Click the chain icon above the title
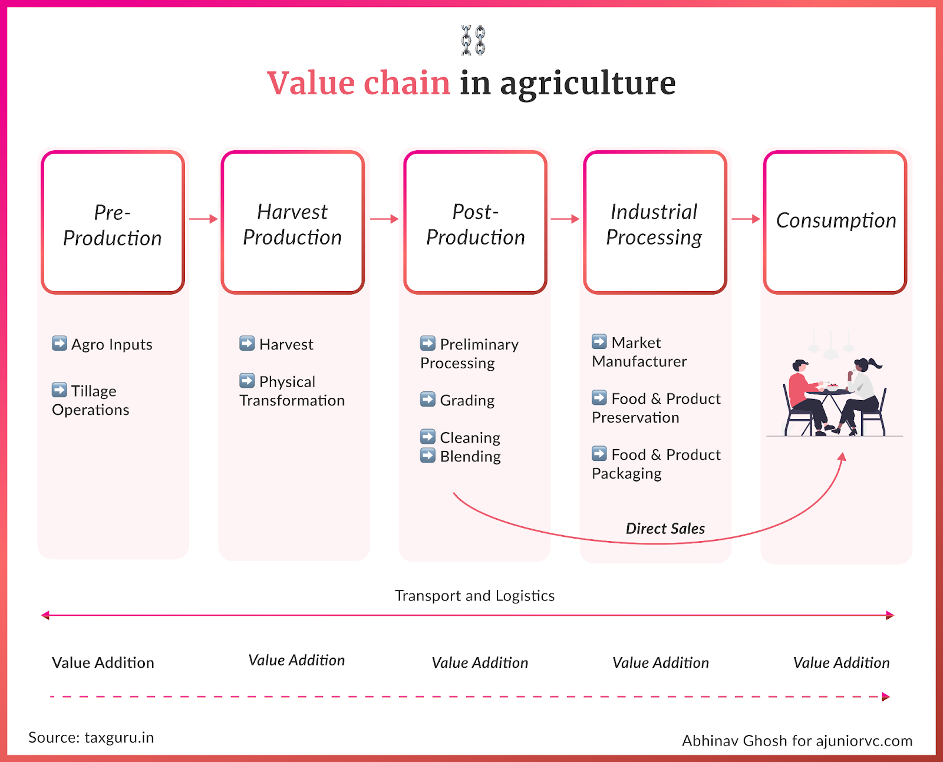(x=473, y=40)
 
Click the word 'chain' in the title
(x=407, y=83)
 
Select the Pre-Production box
(x=113, y=222)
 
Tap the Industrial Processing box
(x=655, y=222)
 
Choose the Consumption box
(x=835, y=222)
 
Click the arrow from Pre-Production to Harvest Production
(x=203, y=219)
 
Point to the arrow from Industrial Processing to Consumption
(x=746, y=219)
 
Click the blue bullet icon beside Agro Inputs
(x=60, y=343)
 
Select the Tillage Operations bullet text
(x=91, y=400)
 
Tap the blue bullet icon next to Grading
(x=428, y=399)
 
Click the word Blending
(x=470, y=456)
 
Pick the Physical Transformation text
(x=292, y=391)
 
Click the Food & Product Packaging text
(x=657, y=464)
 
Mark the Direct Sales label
(x=665, y=528)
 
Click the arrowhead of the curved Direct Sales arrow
(x=842, y=456)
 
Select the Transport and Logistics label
(x=474, y=596)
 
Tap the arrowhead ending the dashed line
(x=885, y=697)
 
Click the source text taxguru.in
(x=119, y=738)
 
